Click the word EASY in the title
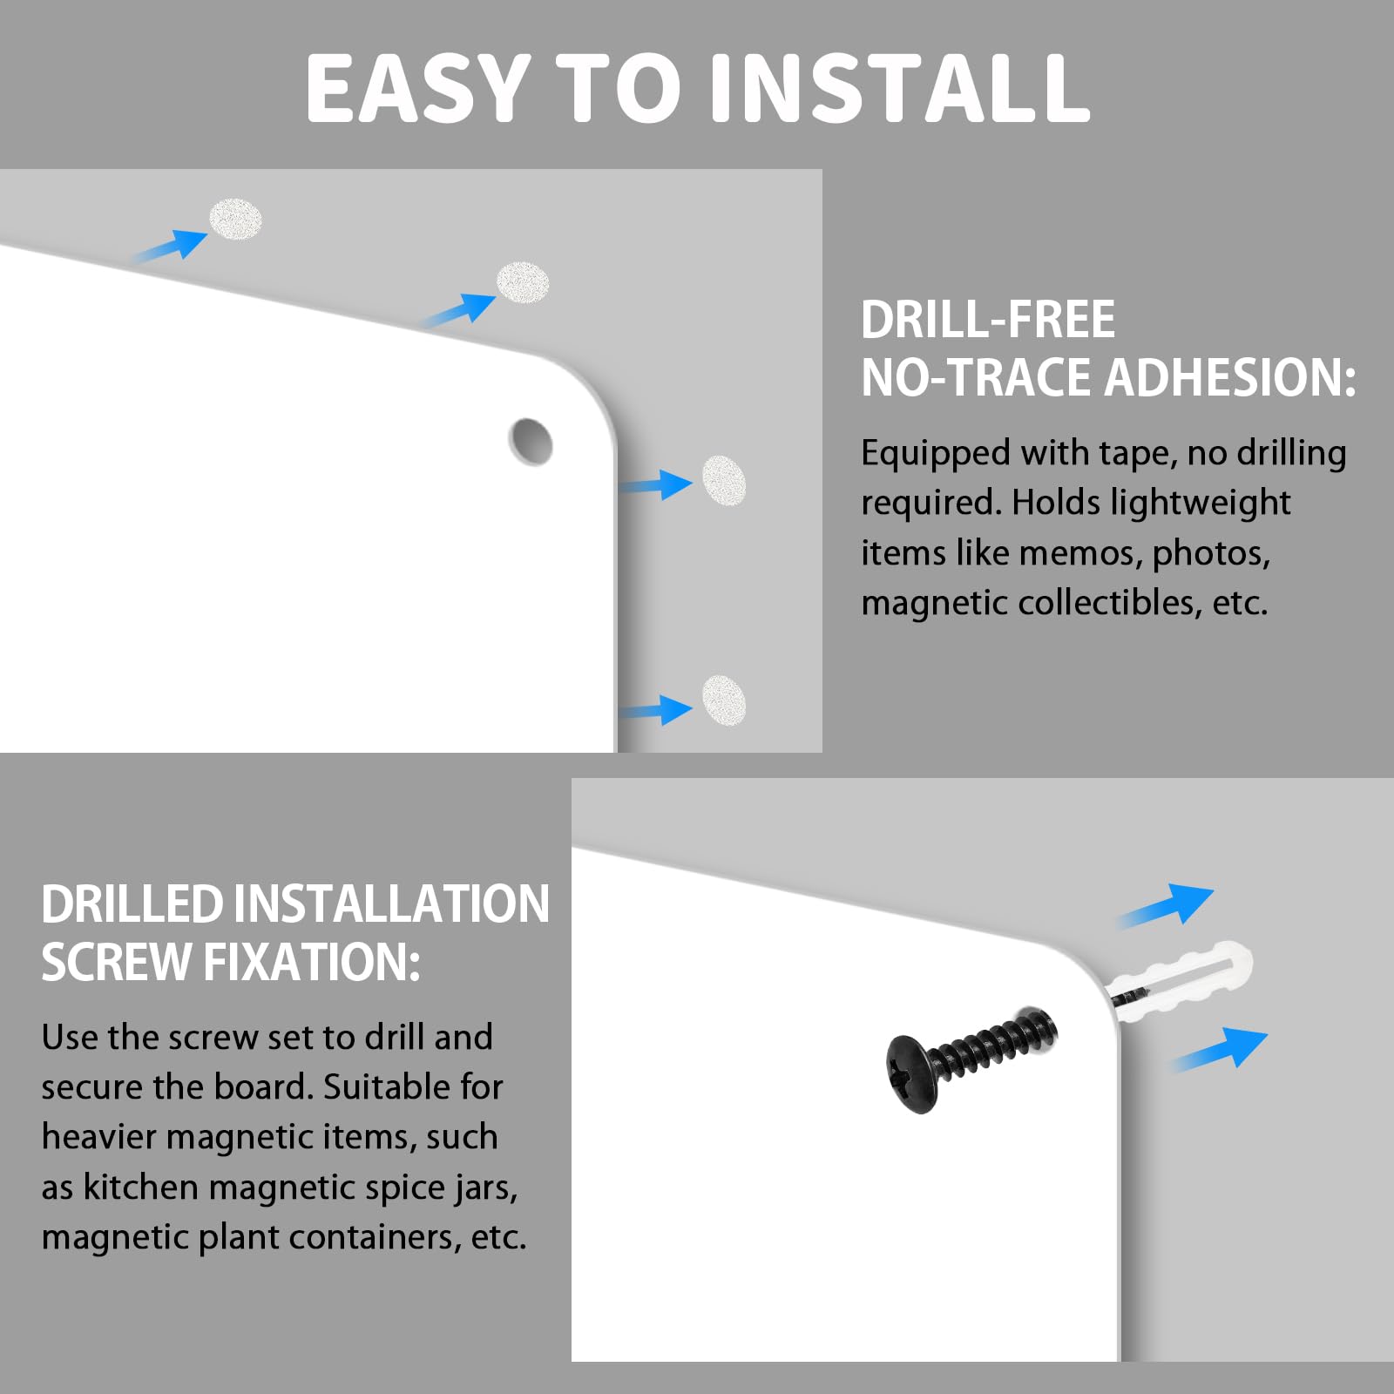tap(418, 87)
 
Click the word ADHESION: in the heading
tap(1230, 377)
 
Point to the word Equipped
tap(936, 455)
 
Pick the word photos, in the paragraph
tap(1211, 555)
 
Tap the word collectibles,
tap(1109, 603)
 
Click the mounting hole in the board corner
tap(531, 442)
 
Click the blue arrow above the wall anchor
tap(1166, 906)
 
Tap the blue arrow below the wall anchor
tap(1218, 1049)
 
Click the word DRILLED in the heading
tap(132, 903)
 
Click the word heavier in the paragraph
tap(98, 1137)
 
